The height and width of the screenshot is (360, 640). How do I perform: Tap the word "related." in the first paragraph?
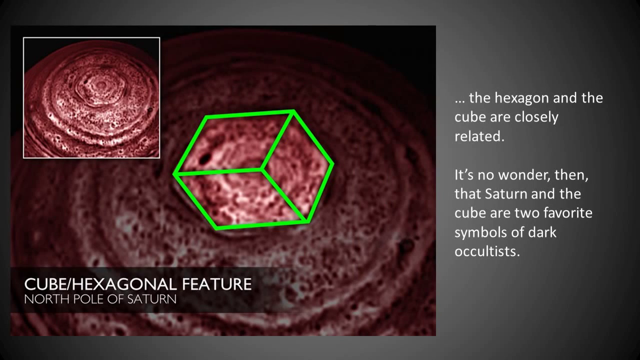[479, 136]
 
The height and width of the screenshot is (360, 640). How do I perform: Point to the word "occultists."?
[487, 251]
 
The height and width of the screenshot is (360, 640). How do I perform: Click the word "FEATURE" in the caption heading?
[217, 284]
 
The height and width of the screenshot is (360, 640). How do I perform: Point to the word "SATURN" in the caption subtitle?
[151, 299]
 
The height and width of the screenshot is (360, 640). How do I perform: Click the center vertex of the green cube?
[261, 169]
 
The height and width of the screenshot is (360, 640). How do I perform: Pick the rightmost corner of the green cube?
[332, 163]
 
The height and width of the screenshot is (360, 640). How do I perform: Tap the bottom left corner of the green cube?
[216, 227]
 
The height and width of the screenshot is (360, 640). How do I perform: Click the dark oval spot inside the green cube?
[204, 158]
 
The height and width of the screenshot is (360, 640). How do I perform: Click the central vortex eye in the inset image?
[100, 84]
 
